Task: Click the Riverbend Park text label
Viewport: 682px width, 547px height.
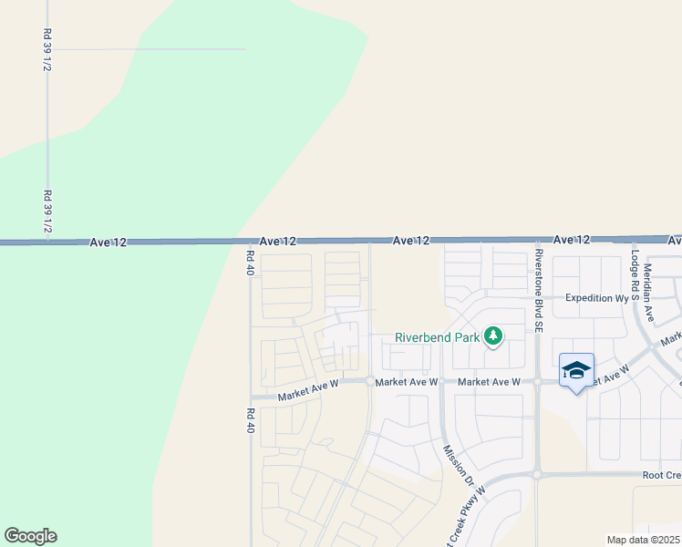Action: [x=438, y=337]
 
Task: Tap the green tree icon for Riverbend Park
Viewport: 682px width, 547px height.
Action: [x=493, y=337]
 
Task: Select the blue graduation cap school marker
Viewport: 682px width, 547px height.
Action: [x=575, y=370]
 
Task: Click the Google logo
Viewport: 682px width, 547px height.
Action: [x=30, y=536]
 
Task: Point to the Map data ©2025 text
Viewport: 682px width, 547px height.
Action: [x=644, y=540]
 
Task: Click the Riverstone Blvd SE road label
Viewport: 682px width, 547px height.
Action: [x=539, y=289]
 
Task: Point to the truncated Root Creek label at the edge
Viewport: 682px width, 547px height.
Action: [x=661, y=475]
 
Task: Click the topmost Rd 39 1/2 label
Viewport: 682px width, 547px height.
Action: [x=46, y=50]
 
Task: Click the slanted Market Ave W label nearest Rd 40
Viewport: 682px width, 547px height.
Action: [x=308, y=390]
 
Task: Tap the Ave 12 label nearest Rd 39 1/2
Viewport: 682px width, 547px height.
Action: [x=108, y=243]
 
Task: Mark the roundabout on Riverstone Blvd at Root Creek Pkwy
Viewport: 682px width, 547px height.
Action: [x=537, y=474]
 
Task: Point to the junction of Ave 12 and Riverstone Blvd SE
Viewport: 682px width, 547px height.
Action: [x=537, y=240]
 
